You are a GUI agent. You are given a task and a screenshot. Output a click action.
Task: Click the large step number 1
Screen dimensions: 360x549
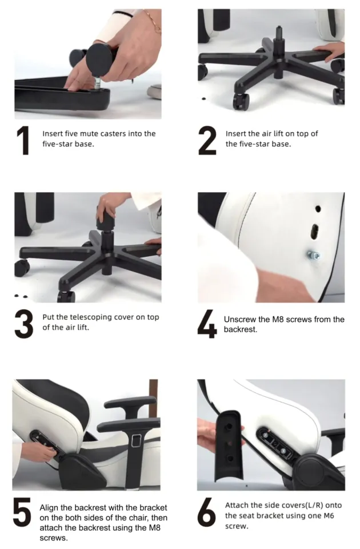(23, 141)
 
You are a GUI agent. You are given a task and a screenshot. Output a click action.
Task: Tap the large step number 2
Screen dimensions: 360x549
(207, 141)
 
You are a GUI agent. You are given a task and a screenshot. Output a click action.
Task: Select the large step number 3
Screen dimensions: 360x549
(24, 324)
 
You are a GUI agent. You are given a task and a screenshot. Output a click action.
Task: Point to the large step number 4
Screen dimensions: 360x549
(207, 324)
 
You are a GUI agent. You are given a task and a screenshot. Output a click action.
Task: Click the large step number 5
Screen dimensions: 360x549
(22, 512)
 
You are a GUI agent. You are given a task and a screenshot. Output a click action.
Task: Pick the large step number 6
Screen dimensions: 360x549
(207, 512)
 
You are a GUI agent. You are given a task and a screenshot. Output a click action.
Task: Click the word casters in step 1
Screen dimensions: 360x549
(113, 133)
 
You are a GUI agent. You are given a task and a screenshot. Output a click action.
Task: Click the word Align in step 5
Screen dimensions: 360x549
(49, 508)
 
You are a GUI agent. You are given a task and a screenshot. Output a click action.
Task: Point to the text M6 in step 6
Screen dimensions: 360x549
(329, 515)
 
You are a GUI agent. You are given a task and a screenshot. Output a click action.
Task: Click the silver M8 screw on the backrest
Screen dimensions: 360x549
(314, 255)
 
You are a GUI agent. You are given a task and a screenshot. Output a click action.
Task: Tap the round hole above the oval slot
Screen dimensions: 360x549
(318, 209)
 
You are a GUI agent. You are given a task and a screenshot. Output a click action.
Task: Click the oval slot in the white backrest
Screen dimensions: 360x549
(314, 231)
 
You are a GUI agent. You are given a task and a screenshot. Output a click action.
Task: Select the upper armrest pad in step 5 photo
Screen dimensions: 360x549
(130, 402)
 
